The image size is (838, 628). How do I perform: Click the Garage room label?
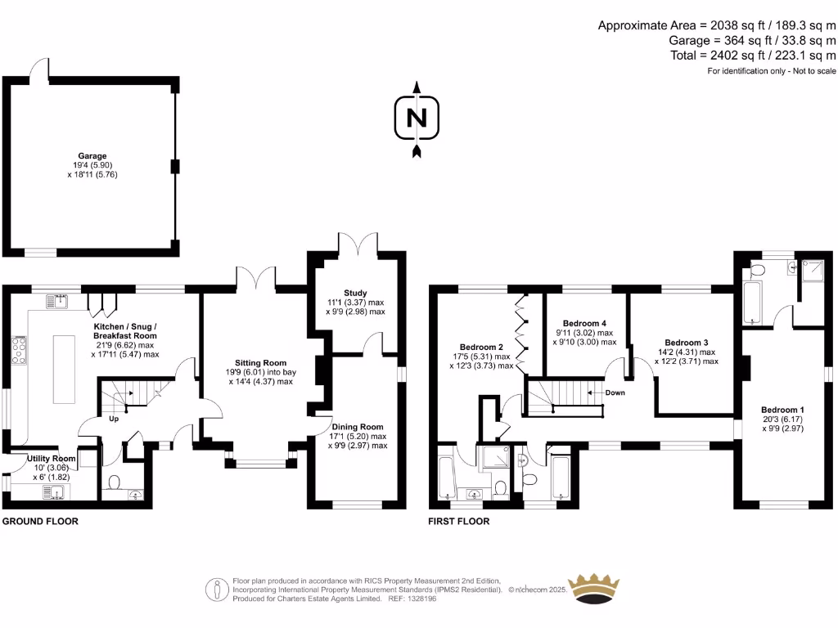pos(92,155)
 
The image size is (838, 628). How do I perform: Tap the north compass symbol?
pos(417,118)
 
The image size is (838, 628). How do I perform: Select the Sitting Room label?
pos(261,362)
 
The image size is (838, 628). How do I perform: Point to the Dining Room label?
pos(358,427)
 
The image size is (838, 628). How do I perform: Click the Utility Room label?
pos(51,459)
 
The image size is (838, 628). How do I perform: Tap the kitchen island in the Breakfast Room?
pos(65,369)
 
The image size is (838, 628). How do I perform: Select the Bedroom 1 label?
pos(783,410)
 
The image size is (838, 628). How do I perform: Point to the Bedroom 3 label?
pos(686,342)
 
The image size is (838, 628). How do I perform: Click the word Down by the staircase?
pos(615,393)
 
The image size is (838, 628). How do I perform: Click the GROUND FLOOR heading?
pos(40,521)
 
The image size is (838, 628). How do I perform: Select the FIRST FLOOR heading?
pos(459,521)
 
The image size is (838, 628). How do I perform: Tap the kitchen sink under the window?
pos(56,302)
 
